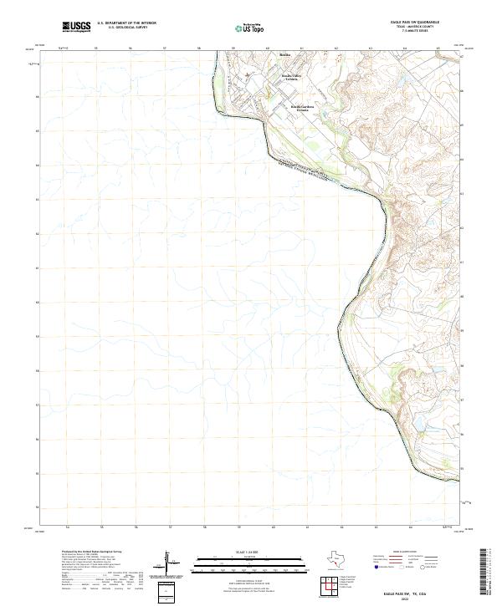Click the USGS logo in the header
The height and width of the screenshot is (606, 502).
pos(77,28)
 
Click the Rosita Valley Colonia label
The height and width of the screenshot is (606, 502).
pos(289,78)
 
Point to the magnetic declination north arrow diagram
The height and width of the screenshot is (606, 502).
pos(170,562)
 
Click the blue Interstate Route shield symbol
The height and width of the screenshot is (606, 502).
pos(378,568)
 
